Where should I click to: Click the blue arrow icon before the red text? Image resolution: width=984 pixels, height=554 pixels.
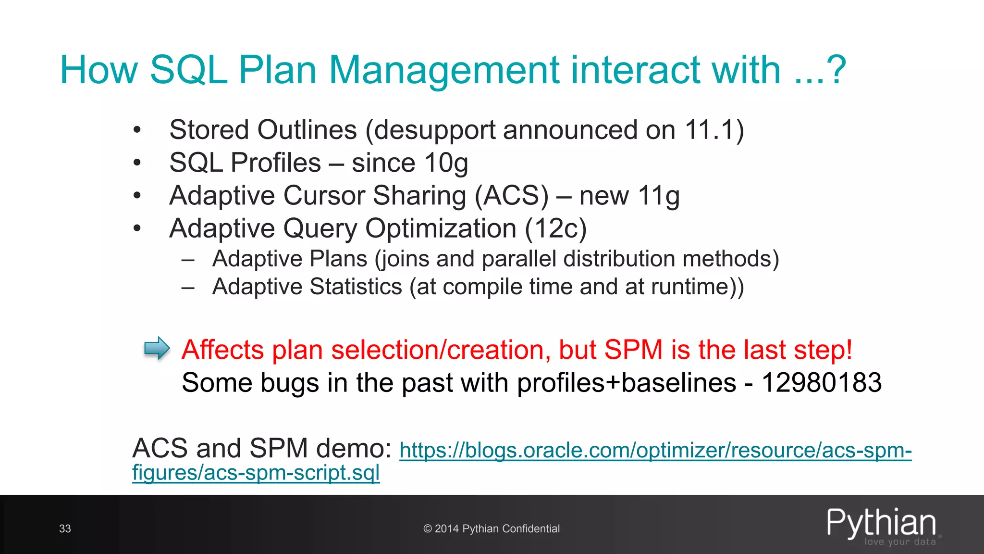(x=157, y=348)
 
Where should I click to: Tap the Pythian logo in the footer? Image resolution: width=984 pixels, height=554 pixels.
(x=882, y=526)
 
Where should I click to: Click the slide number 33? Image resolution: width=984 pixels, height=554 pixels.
(x=65, y=529)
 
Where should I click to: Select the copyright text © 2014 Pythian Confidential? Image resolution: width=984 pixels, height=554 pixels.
(x=492, y=529)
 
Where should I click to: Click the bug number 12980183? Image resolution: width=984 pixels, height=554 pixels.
(x=822, y=383)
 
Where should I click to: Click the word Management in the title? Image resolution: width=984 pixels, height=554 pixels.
(x=444, y=70)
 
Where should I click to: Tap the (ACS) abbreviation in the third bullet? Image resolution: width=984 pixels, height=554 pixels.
(x=511, y=196)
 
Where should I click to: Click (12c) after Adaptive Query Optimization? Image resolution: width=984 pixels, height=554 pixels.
(x=556, y=228)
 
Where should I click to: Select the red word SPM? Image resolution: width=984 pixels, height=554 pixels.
(x=633, y=350)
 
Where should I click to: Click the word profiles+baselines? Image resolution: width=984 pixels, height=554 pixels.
(x=627, y=383)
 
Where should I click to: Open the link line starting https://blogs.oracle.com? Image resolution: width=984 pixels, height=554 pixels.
(x=655, y=450)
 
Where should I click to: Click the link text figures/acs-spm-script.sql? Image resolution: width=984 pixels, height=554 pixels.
(x=256, y=473)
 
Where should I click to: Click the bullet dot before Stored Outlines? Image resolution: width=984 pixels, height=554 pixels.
(x=137, y=130)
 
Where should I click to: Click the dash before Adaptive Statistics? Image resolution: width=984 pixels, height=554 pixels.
(x=188, y=288)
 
